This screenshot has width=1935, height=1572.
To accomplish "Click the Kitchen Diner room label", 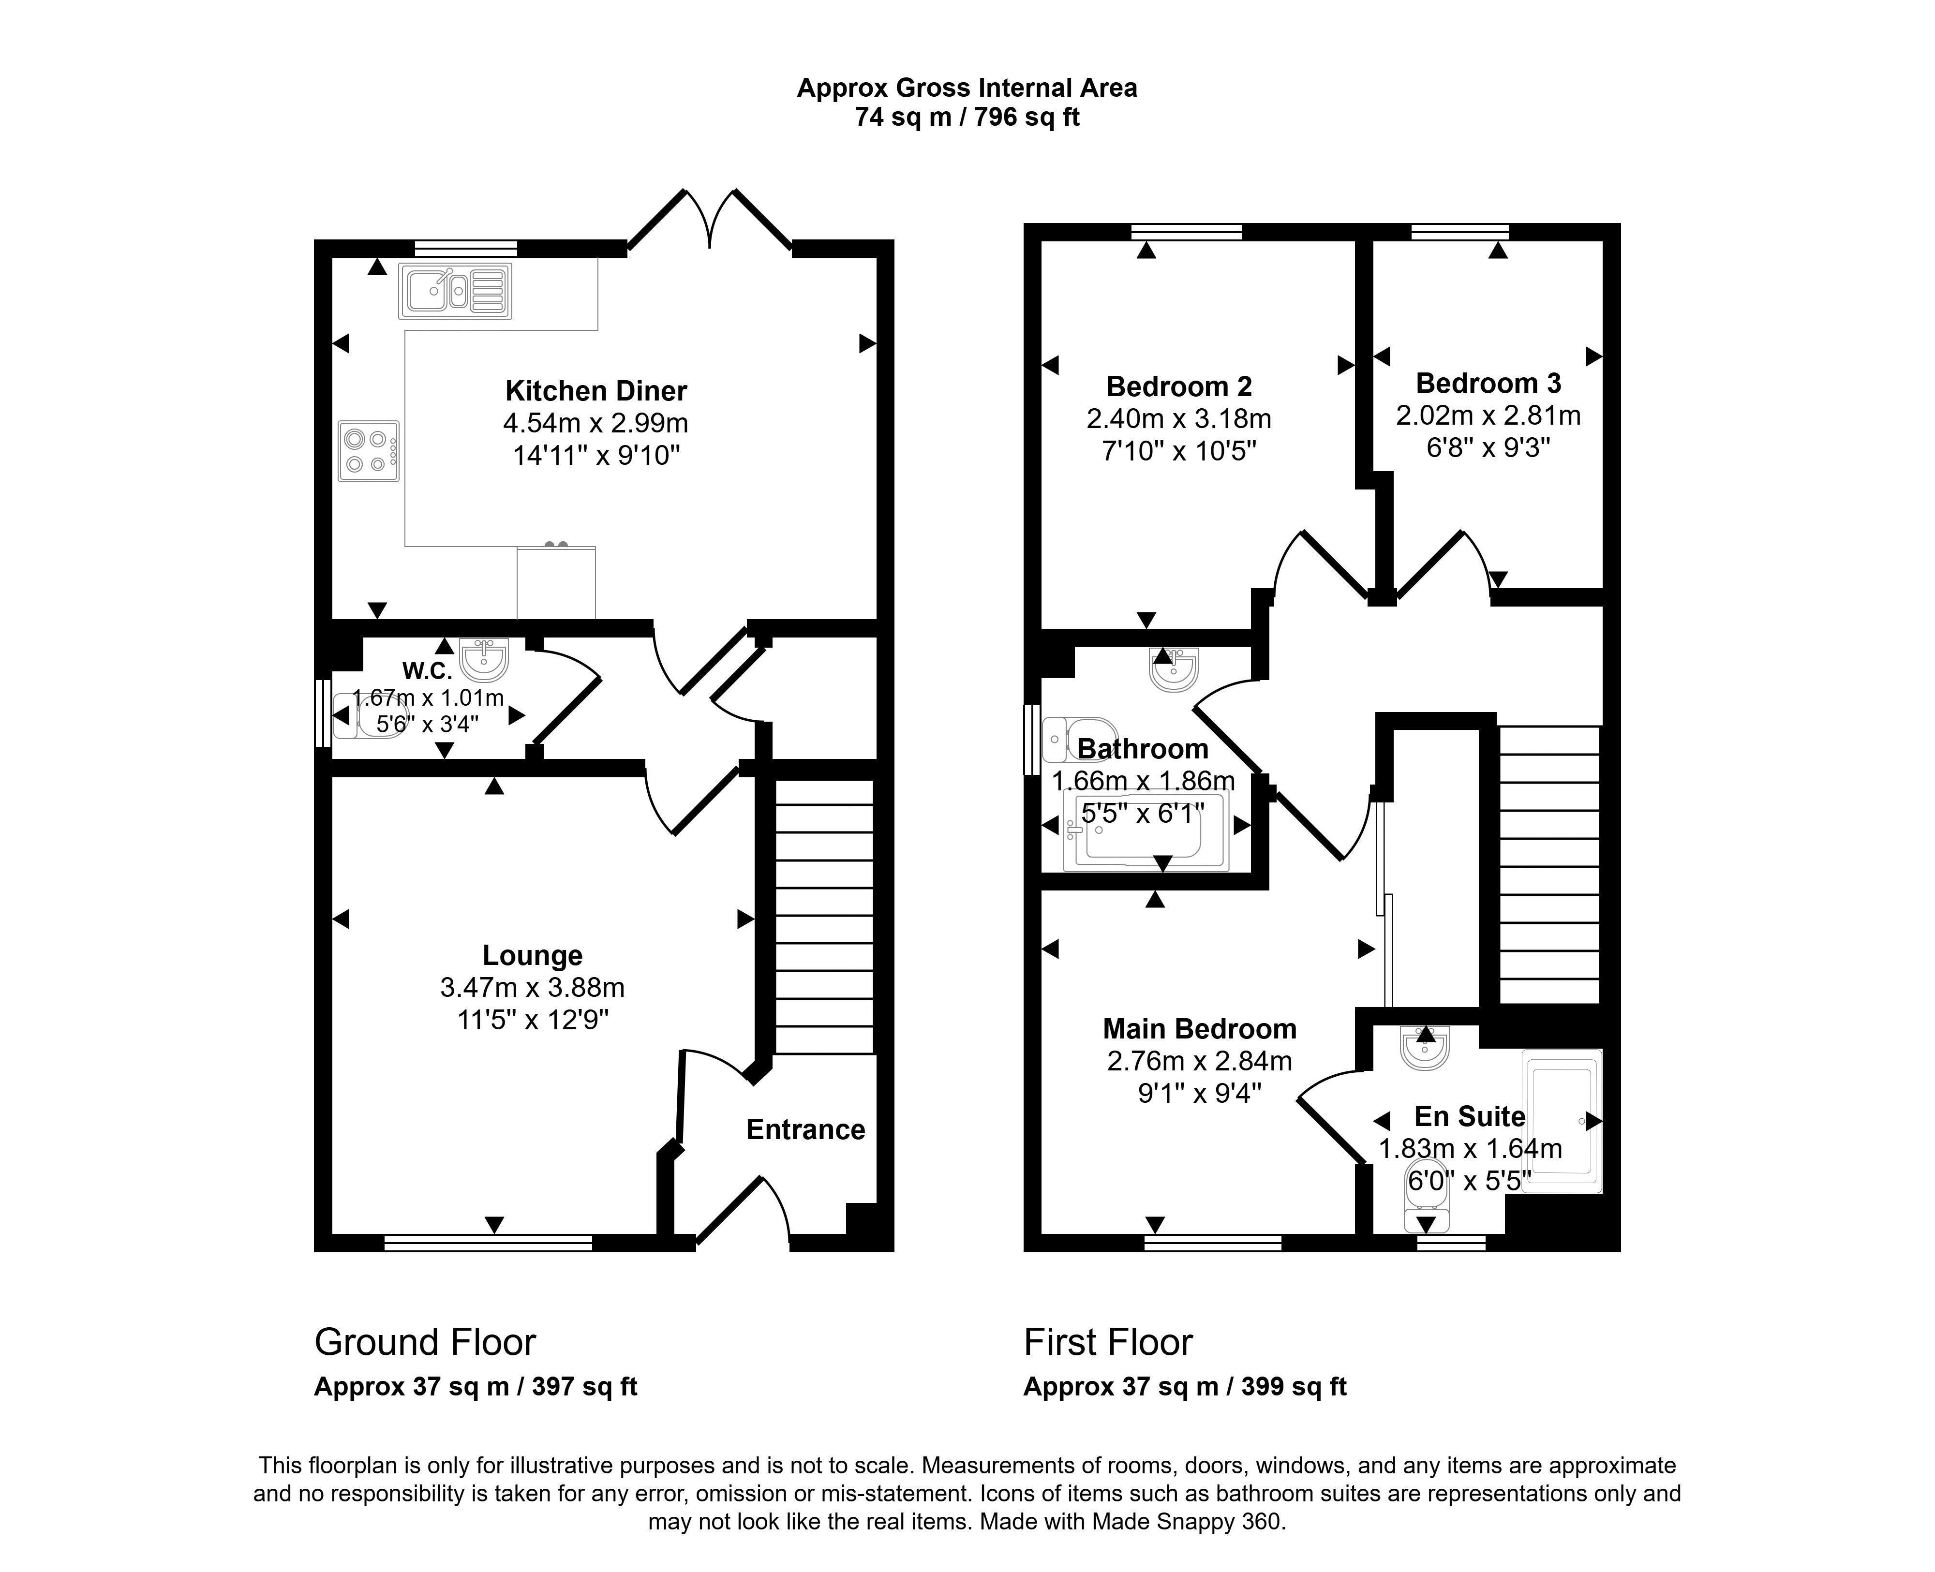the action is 596,391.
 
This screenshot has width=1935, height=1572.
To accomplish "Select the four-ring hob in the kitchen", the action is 369,451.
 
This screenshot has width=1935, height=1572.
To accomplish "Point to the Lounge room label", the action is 533,955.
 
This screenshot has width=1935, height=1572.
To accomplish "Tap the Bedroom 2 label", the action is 1179,386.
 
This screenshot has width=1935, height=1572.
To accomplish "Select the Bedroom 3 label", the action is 1488,383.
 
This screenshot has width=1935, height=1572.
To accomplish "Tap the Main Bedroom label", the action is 1200,1029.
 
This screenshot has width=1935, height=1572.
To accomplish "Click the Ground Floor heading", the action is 425,1342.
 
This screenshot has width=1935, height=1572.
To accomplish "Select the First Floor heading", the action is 1108,1342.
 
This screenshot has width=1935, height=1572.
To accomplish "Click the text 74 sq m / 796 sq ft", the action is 967,118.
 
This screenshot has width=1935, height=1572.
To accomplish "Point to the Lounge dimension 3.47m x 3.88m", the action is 533,987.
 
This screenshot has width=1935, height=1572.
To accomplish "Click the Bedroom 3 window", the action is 1459,232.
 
